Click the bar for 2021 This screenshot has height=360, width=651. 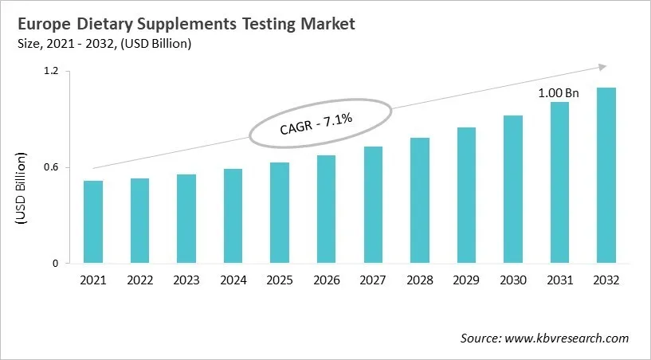(93, 222)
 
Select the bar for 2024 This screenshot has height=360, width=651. (233, 216)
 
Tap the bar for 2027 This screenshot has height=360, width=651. (373, 205)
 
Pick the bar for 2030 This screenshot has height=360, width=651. (512, 190)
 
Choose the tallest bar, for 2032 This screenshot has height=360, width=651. (606, 175)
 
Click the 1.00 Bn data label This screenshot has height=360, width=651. (559, 93)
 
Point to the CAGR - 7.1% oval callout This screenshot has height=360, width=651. (321, 123)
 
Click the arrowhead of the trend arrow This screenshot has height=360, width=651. (603, 68)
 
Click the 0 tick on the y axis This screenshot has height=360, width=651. (56, 264)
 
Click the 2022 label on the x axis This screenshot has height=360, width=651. (139, 280)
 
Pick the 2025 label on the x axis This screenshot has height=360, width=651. (280, 280)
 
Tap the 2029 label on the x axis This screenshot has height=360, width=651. (466, 280)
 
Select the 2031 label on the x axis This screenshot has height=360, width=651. (559, 280)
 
